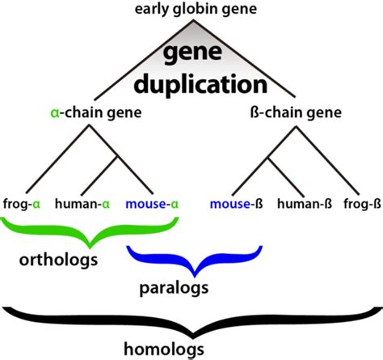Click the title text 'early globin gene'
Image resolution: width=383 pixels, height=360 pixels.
point(196,10)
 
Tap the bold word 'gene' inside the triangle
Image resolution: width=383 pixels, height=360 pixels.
point(193,53)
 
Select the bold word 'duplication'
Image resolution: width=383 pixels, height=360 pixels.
point(200,85)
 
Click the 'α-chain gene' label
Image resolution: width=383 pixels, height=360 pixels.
point(96,112)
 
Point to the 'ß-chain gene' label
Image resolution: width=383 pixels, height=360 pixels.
point(296,112)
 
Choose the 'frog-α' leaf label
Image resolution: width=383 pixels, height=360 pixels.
point(22,204)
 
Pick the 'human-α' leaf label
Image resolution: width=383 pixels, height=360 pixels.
point(82,204)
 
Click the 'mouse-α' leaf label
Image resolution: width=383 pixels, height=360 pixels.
point(152,204)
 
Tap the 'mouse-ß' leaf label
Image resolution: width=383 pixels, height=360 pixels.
point(236,204)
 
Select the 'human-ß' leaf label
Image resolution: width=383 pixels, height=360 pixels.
point(305,204)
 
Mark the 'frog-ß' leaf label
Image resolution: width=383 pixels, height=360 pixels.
point(362,204)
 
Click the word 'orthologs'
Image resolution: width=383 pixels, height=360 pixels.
point(58,260)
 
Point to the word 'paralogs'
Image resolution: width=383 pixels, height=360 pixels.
point(174,288)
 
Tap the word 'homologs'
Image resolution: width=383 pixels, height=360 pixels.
point(164,349)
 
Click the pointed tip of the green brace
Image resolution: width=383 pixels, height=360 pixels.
point(90,248)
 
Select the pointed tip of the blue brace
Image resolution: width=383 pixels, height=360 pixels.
point(195,276)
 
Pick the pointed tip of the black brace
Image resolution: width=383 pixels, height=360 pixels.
point(192,337)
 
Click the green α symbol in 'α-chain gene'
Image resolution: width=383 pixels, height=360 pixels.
point(55,113)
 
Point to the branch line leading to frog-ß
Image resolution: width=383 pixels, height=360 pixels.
point(327,160)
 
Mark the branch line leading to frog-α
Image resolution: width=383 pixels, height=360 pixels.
point(57,159)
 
